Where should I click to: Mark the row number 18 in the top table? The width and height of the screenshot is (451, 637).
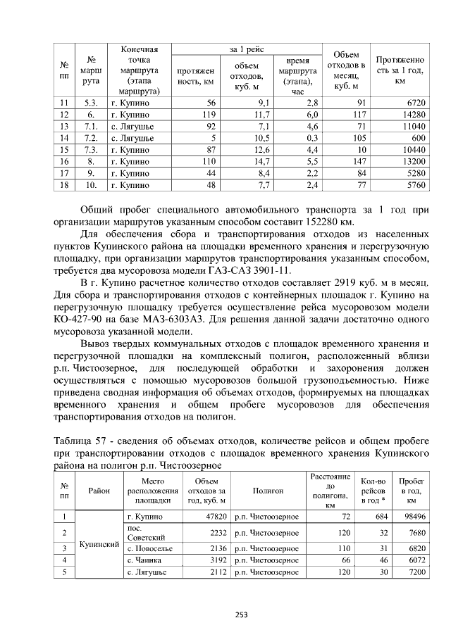[65, 186]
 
